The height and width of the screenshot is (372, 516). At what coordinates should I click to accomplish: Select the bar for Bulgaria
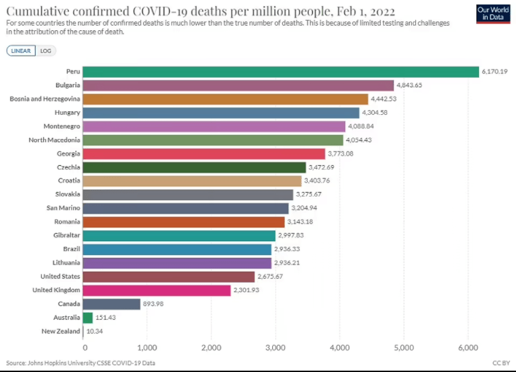click(x=239, y=85)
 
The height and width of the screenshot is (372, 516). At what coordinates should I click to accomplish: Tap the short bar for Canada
click(x=112, y=304)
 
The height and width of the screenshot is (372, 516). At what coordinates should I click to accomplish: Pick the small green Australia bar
click(x=88, y=318)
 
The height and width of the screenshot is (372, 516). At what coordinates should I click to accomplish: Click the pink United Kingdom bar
click(x=157, y=290)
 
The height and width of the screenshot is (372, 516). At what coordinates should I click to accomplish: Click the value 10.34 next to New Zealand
click(x=94, y=331)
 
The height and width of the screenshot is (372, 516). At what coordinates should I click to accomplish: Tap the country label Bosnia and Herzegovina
click(x=45, y=99)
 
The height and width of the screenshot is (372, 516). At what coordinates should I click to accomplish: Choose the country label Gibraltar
click(x=67, y=236)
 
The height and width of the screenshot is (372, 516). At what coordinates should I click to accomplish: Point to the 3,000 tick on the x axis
click(x=275, y=347)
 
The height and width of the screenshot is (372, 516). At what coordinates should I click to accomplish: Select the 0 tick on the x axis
click(x=85, y=347)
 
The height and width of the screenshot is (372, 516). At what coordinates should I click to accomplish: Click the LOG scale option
click(x=46, y=50)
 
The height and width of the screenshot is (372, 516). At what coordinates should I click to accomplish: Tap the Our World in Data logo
click(x=492, y=14)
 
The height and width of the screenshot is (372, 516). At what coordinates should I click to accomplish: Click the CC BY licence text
click(x=501, y=363)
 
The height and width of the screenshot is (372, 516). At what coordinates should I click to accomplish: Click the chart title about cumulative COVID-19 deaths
click(x=200, y=11)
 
